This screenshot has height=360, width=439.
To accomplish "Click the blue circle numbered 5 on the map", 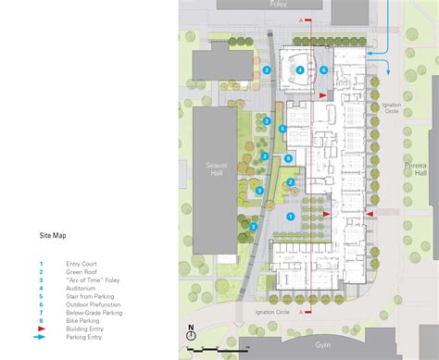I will pos(282,128).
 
